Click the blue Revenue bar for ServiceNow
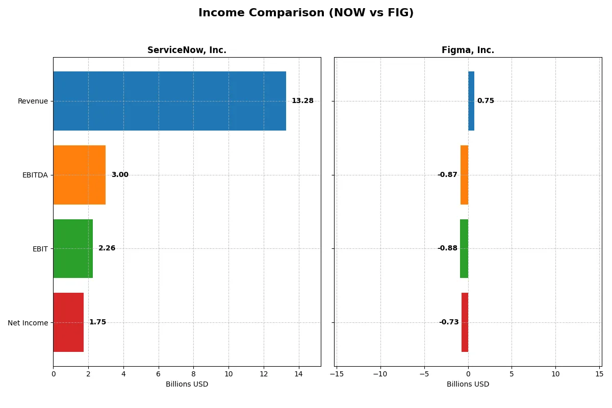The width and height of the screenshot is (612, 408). [x=169, y=101]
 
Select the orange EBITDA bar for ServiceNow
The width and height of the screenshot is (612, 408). [x=79, y=175]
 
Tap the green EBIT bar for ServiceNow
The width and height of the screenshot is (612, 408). [x=73, y=248]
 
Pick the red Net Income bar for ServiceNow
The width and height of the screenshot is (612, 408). [x=68, y=322]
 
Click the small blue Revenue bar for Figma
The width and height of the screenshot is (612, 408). [x=471, y=101]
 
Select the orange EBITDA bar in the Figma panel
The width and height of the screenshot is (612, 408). [x=464, y=175]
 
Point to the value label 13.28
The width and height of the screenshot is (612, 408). [x=302, y=101]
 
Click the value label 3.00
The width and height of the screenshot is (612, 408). [x=120, y=175]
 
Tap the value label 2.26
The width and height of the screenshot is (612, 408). [x=107, y=248]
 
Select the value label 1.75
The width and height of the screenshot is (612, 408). [x=97, y=322]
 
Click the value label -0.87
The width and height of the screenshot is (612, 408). [x=447, y=175]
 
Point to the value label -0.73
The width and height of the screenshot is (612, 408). [x=449, y=322]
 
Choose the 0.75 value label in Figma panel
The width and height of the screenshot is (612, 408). [x=486, y=101]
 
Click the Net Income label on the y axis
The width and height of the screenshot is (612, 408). [x=28, y=323]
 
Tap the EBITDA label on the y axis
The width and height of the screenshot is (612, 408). [x=35, y=175]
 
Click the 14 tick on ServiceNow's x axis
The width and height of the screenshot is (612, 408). [x=299, y=374]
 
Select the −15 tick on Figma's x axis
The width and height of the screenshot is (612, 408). [x=337, y=374]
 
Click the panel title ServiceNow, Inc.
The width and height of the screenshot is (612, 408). [x=187, y=50]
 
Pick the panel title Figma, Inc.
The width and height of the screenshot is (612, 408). [x=468, y=50]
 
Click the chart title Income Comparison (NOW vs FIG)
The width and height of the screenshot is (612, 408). [x=306, y=13]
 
